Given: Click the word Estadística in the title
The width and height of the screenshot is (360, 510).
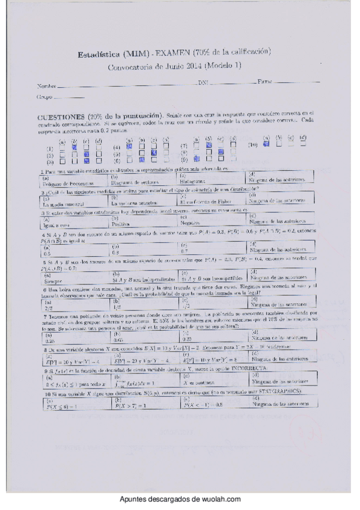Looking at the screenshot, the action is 97,55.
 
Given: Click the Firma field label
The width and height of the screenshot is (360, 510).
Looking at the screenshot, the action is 265,81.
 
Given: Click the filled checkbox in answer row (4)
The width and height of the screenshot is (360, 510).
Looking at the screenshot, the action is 129,146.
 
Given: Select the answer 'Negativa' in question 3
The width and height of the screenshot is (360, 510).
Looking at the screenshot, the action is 190,222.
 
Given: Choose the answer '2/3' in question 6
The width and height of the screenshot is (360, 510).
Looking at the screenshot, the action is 48,306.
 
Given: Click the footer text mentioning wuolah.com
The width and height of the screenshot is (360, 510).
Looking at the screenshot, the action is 180,500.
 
